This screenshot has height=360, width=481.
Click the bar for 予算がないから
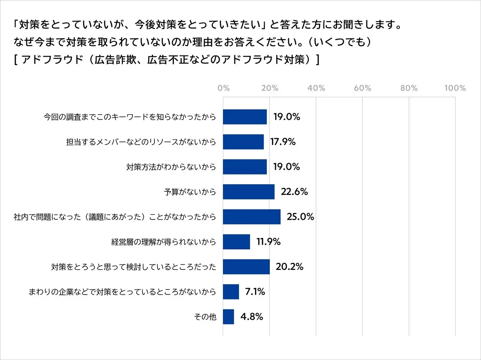click(248, 192)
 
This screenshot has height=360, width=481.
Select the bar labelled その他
click(228, 317)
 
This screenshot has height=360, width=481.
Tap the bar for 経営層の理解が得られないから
click(236, 242)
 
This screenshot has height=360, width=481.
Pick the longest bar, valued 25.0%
click(251, 217)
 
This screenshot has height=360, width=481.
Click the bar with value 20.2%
click(246, 267)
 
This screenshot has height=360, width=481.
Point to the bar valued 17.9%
click(243, 142)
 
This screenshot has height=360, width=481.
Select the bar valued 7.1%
click(231, 292)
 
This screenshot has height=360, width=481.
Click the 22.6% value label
click(294, 192)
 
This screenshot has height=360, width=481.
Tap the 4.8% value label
click(252, 317)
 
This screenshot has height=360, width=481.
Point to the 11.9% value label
click(268, 242)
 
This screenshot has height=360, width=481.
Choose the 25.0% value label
click(300, 217)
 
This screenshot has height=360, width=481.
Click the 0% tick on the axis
click(224, 88)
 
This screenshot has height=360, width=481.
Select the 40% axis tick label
click(316, 88)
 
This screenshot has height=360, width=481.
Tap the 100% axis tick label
click(455, 88)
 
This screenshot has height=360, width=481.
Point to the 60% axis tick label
click(362, 88)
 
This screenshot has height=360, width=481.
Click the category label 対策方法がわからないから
click(171, 167)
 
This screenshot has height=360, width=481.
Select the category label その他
click(205, 317)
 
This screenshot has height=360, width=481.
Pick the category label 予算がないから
click(190, 192)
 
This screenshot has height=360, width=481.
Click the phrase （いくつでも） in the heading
click(340, 42)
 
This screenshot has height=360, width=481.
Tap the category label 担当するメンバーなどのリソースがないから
click(141, 142)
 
